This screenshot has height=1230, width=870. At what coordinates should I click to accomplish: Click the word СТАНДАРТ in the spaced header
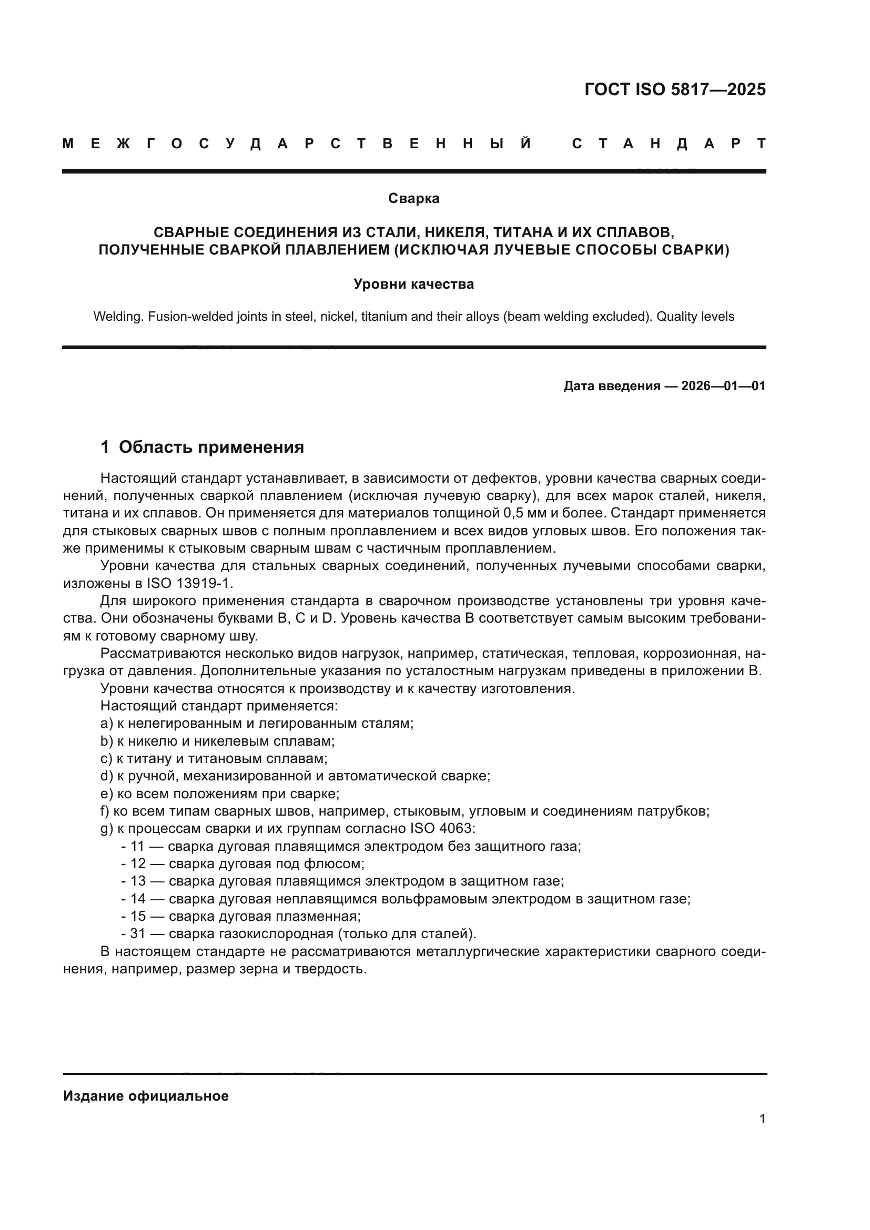669,144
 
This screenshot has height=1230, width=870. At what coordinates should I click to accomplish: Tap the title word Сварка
413,198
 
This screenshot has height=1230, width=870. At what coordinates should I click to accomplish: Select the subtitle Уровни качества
413,284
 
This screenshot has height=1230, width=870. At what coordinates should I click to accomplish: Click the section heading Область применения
211,447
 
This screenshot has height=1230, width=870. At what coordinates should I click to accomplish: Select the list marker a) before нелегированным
107,723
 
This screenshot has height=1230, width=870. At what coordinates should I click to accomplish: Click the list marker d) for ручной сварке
107,776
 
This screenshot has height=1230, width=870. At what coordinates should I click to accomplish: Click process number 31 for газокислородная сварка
138,934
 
